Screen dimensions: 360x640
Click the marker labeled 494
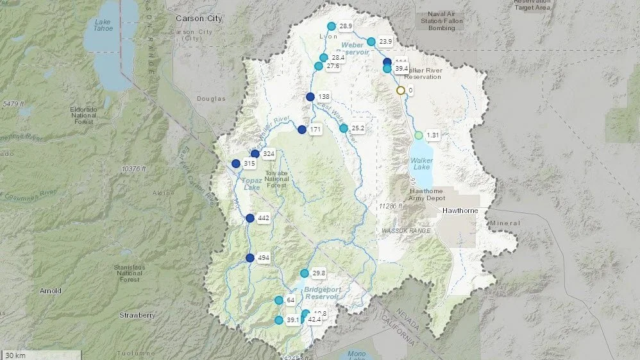click(x=250, y=258)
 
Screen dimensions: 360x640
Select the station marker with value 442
click(x=250, y=218)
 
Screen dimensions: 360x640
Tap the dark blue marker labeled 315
click(x=236, y=164)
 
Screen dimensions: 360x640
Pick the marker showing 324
click(x=255, y=154)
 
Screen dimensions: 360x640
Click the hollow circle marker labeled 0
click(x=401, y=90)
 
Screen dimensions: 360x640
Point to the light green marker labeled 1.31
click(x=419, y=135)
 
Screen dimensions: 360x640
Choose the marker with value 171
click(x=301, y=130)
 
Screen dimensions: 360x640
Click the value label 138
click(x=324, y=97)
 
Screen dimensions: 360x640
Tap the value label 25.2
click(x=358, y=128)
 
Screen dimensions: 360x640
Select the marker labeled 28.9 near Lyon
click(x=332, y=26)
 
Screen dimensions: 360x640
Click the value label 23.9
click(x=385, y=42)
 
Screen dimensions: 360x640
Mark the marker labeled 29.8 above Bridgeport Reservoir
click(x=305, y=273)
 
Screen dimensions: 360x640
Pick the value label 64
click(x=291, y=300)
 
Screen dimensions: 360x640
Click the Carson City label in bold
click(x=199, y=19)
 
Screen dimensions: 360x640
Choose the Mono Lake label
click(x=357, y=354)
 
